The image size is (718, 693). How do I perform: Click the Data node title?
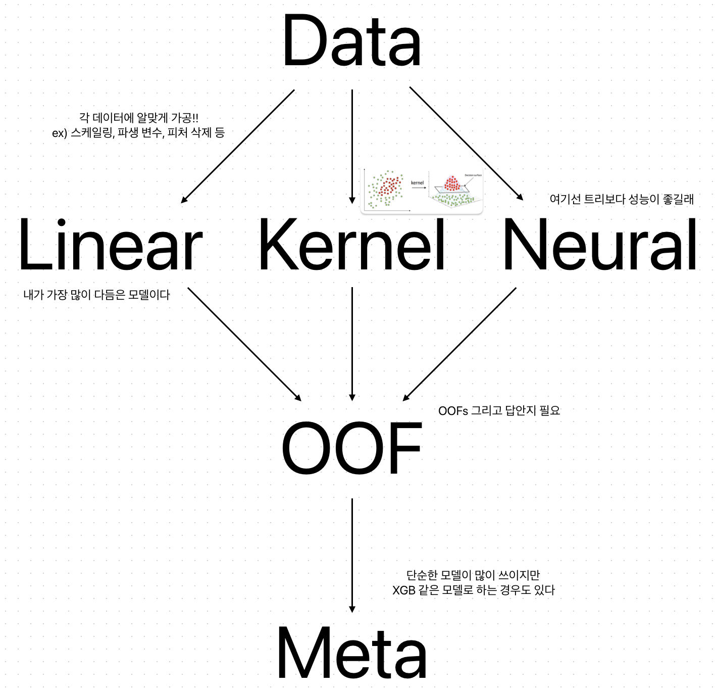pos(351,41)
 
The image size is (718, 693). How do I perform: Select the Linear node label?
pos(110,246)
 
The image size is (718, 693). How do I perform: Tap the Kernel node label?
pos(351,246)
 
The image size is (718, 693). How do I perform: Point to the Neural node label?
pos(600,246)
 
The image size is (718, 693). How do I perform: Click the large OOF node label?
pos(351,448)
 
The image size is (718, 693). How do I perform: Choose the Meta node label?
pos(351,653)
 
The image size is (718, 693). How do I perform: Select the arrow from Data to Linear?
pos(237,147)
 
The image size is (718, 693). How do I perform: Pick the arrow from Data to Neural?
pos(466,144)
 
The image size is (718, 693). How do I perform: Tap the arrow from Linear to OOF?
pos(244,344)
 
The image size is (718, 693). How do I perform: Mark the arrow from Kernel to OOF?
pos(352,344)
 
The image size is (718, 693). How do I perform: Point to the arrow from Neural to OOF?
pos(459,344)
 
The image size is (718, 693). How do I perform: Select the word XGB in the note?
pos(403,590)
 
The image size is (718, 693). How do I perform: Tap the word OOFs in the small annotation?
pos(453,411)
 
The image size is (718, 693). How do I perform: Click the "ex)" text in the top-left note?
pos(60,133)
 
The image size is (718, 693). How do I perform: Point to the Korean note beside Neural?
pos(622,199)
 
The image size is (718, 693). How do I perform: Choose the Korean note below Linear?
pos(96,295)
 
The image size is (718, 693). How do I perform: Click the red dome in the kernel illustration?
pos(452,183)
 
